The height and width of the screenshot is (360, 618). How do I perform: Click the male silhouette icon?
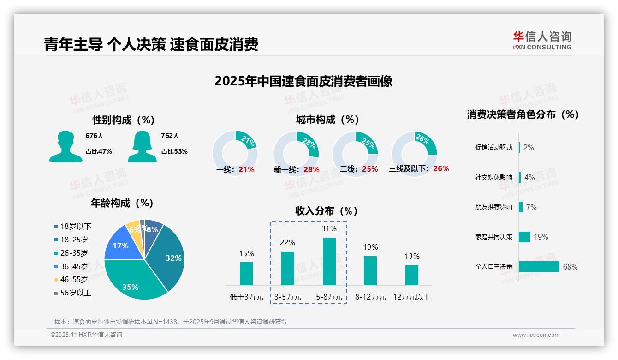[x=65, y=147]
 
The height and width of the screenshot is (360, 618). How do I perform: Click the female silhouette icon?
[x=142, y=147]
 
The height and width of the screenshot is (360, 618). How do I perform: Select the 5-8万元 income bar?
[x=329, y=261]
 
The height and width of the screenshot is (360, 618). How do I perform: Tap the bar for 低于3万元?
[x=246, y=274]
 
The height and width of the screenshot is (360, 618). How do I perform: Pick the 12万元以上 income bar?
[x=412, y=275]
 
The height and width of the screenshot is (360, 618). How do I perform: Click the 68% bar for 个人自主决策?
[x=539, y=267]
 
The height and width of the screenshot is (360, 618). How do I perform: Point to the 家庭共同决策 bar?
[x=524, y=237]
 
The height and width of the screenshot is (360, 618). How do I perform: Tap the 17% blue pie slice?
[x=121, y=246]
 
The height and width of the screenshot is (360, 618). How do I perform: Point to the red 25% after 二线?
[x=370, y=169]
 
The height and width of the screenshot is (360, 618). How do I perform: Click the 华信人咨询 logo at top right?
[x=542, y=40]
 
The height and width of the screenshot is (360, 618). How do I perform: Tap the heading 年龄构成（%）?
[x=122, y=203]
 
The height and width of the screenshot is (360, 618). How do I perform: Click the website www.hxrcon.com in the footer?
[x=536, y=335]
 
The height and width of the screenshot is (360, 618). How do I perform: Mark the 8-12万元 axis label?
[x=370, y=297]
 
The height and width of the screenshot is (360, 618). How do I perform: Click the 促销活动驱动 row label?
[x=494, y=148]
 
